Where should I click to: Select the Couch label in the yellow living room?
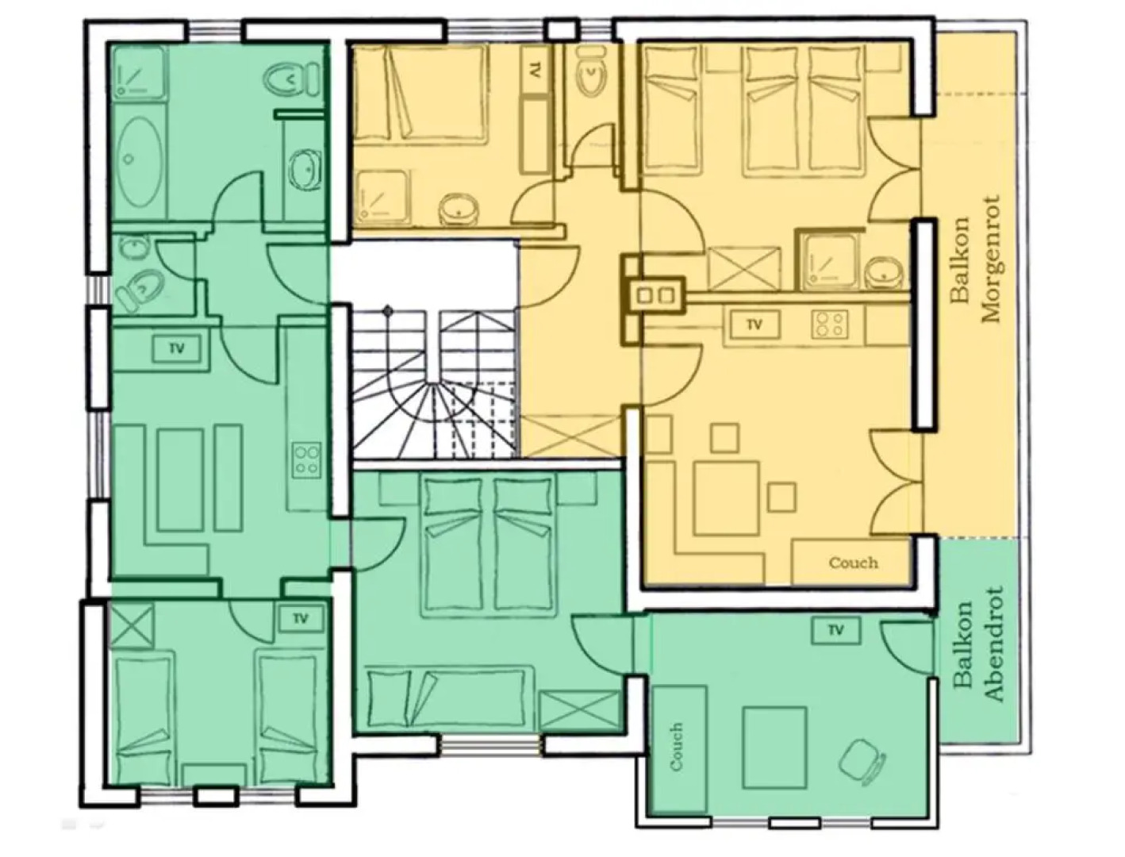pos(853,563)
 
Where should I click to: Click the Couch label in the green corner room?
pos(677,747)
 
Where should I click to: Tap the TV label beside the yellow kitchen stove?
pos(754,325)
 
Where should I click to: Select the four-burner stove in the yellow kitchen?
pos(829,324)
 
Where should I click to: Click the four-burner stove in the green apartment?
pos(307,460)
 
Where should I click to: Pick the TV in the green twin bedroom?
pos(299,619)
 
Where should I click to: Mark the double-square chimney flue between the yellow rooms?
pos(654,296)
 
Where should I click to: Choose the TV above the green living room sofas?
pos(176,348)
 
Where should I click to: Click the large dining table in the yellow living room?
pos(727,498)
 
